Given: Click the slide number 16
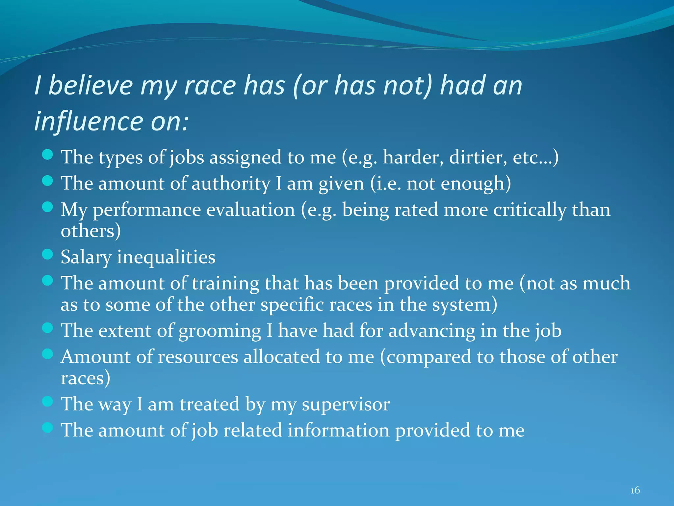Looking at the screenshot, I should (635, 490).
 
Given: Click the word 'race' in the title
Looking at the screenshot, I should (210, 86).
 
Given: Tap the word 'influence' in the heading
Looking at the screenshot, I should (88, 121).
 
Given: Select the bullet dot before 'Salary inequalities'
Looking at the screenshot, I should (48, 254).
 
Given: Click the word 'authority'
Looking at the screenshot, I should (231, 183).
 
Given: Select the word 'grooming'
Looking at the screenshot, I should (220, 331).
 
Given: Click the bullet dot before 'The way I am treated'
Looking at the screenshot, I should (48, 401).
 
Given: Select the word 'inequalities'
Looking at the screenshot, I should (166, 257).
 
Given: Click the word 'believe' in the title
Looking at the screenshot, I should (91, 86).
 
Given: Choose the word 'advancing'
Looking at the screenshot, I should (432, 331).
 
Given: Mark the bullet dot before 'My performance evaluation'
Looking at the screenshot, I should (48, 207).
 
